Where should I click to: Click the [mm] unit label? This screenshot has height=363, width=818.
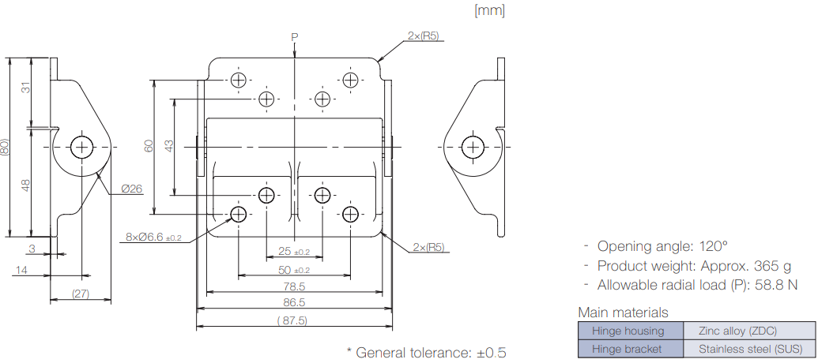coord(488,10)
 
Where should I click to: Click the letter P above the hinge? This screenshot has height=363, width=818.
coord(294,37)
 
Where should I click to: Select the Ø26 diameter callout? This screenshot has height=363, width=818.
coord(132,189)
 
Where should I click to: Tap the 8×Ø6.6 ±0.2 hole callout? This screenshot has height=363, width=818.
coord(153,237)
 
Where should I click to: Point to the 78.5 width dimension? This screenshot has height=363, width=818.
coord(294,286)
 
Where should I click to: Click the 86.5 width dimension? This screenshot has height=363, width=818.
coord(294,303)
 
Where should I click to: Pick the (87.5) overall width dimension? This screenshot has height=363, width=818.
coord(292,320)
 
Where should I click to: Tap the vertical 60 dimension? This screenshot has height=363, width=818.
coord(148,146)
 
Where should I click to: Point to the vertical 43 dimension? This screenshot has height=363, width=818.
coord(168,146)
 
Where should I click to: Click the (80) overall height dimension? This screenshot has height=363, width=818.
coord(6,147)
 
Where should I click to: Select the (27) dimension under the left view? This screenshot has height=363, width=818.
coord(80,294)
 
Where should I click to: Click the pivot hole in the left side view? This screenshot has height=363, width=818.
coord(81,147)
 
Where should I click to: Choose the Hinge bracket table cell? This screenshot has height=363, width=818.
coord(631,349)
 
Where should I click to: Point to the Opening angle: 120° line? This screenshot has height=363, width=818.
coord(662,245)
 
